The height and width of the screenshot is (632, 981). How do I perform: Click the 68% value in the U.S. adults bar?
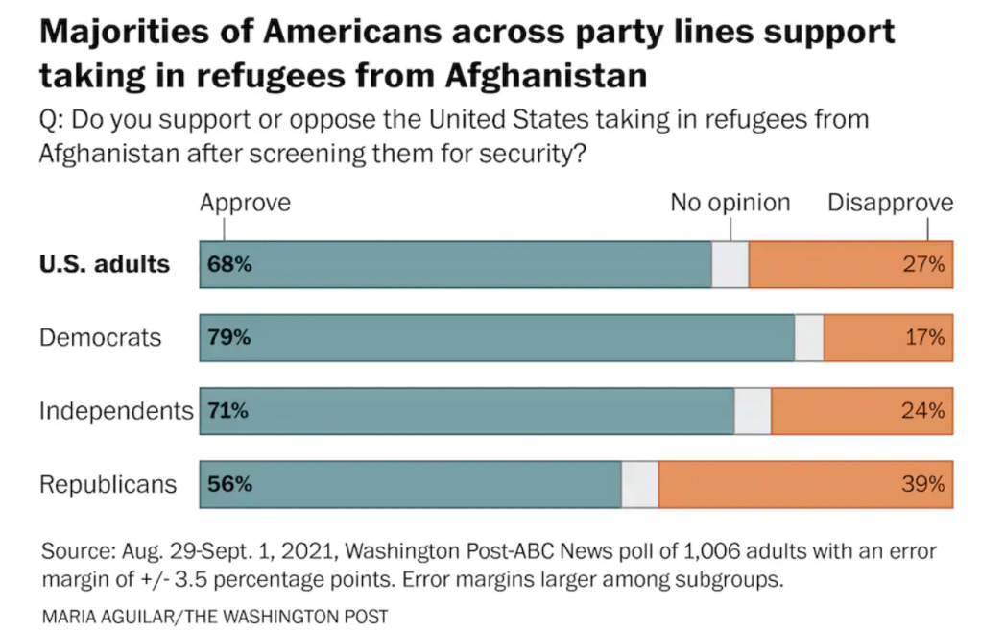(x=229, y=264)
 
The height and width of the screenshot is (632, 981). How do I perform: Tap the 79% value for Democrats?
(x=229, y=337)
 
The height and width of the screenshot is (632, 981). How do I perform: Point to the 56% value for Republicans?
(x=229, y=484)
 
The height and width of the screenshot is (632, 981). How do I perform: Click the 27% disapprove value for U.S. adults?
(x=923, y=264)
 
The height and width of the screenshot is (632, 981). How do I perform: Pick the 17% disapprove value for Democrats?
(x=923, y=337)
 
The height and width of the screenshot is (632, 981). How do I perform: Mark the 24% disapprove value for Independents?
(x=923, y=411)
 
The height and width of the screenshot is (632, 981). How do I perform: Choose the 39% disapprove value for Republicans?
(x=923, y=484)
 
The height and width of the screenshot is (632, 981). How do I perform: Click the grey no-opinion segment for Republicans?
(x=640, y=484)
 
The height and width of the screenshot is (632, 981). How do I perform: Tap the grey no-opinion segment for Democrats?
(x=809, y=337)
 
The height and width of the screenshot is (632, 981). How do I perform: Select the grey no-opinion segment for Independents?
(x=753, y=411)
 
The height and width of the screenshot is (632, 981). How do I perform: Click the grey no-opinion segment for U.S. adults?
(x=730, y=264)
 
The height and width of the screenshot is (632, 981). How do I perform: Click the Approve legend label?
(x=245, y=203)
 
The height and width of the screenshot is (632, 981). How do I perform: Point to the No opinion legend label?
(x=730, y=203)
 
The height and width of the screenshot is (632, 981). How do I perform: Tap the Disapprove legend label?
(x=890, y=203)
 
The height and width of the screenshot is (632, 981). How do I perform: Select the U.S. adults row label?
(x=104, y=264)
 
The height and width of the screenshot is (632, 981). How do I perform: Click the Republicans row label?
(x=108, y=484)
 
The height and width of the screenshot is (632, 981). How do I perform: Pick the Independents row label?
(x=115, y=411)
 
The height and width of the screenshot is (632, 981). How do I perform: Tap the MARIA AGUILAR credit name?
(x=106, y=616)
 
